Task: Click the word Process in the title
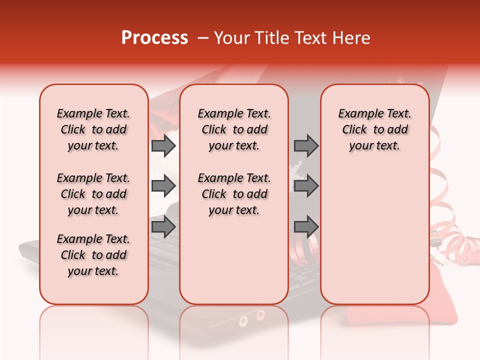pos(154,38)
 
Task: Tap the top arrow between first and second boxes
pos(163,146)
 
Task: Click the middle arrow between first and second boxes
pos(163,186)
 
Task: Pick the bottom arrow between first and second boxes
pos(163,227)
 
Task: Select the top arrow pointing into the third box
pos(306,146)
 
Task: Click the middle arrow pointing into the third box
pos(306,186)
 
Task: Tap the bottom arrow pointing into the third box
pos(306,227)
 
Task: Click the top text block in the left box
pos(93,129)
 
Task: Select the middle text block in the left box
pos(93,194)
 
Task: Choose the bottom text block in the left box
pos(93,255)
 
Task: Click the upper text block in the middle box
pos(234,129)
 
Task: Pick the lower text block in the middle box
pos(234,194)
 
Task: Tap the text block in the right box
pos(374,129)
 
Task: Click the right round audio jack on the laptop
pos(260,315)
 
